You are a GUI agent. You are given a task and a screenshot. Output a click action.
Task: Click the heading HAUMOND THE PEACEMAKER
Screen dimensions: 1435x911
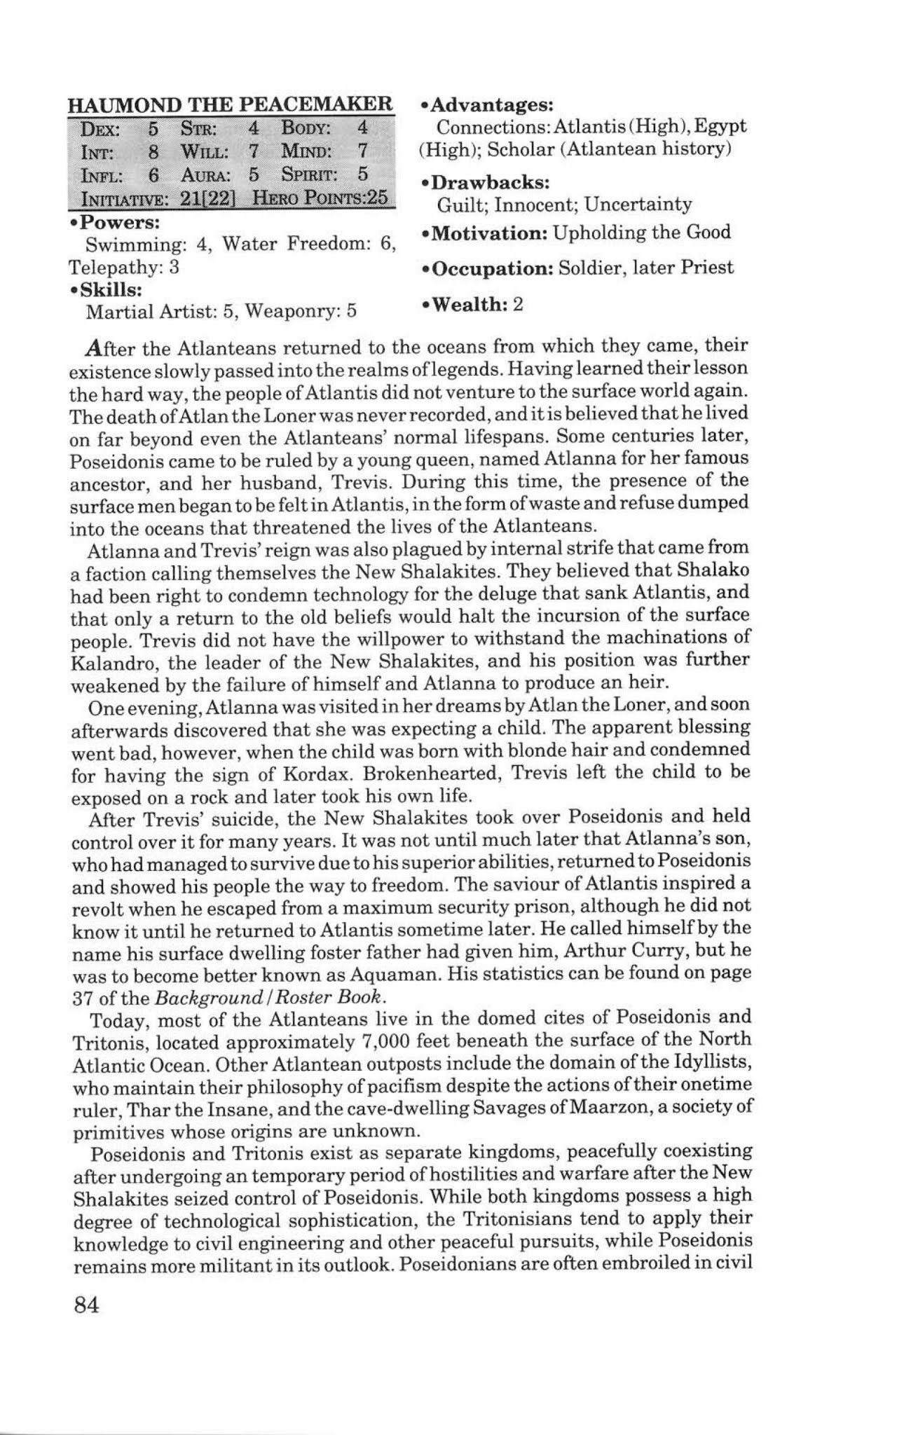point(230,105)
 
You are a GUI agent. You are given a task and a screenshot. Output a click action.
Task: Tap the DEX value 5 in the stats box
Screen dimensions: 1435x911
point(153,129)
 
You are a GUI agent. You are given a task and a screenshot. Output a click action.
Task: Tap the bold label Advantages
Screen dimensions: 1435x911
point(491,105)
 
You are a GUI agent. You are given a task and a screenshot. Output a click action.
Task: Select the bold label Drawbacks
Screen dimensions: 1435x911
point(488,182)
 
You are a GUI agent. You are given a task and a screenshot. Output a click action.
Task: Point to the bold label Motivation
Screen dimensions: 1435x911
point(488,233)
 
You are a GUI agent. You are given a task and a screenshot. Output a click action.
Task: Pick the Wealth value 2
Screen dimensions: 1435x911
point(519,305)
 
